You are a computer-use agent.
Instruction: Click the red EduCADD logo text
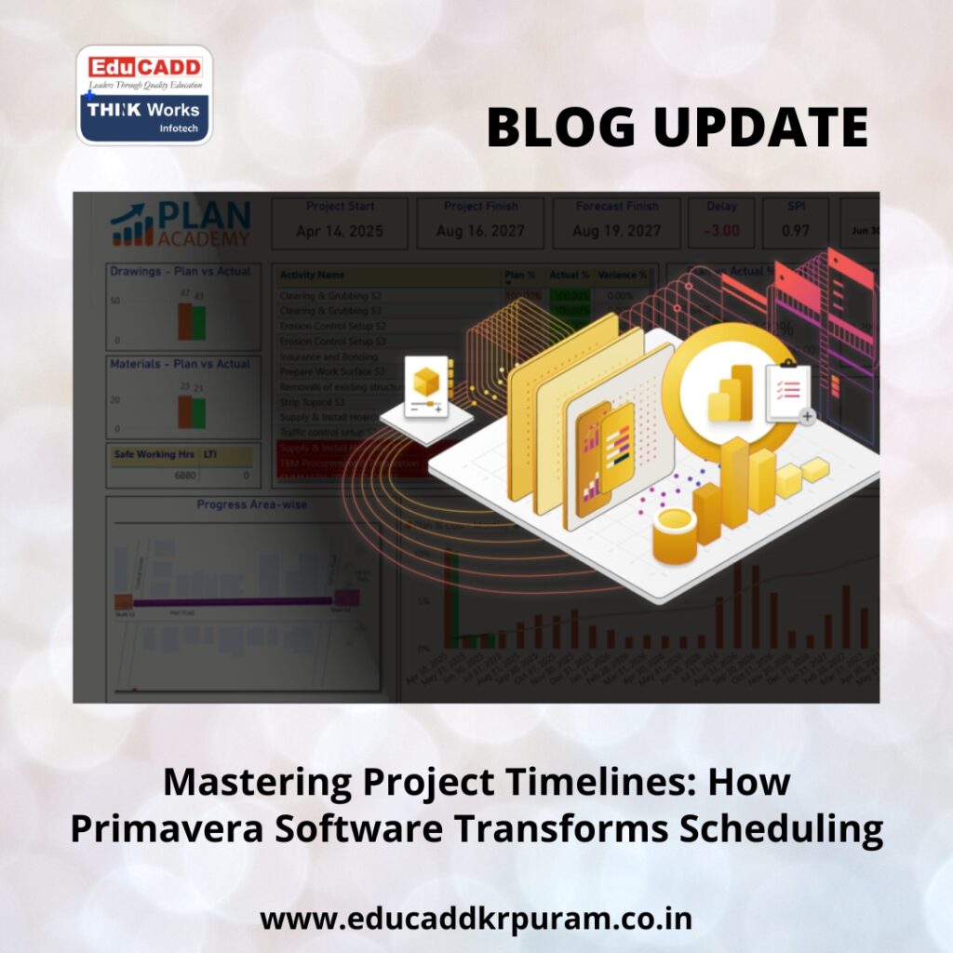144,67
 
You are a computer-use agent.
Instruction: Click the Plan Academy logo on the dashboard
181,224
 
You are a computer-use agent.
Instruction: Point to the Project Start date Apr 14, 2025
340,231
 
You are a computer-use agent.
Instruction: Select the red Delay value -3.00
721,231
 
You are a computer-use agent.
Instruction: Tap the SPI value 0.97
796,231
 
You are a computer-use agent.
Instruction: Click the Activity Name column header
312,275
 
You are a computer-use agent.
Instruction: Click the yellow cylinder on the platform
675,537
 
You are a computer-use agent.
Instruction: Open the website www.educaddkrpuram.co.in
476,919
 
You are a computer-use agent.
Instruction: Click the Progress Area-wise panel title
251,505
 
